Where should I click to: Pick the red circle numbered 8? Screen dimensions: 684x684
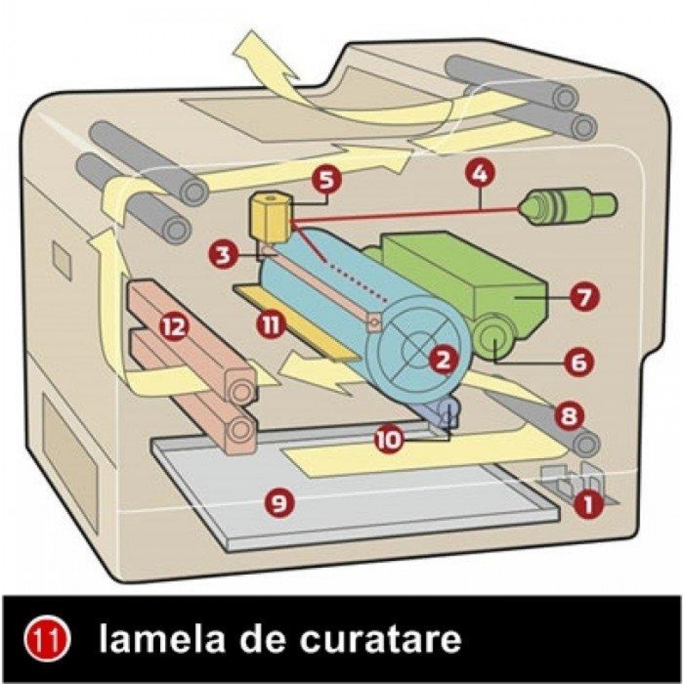click(569, 416)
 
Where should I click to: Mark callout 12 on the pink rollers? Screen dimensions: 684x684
click(174, 328)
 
